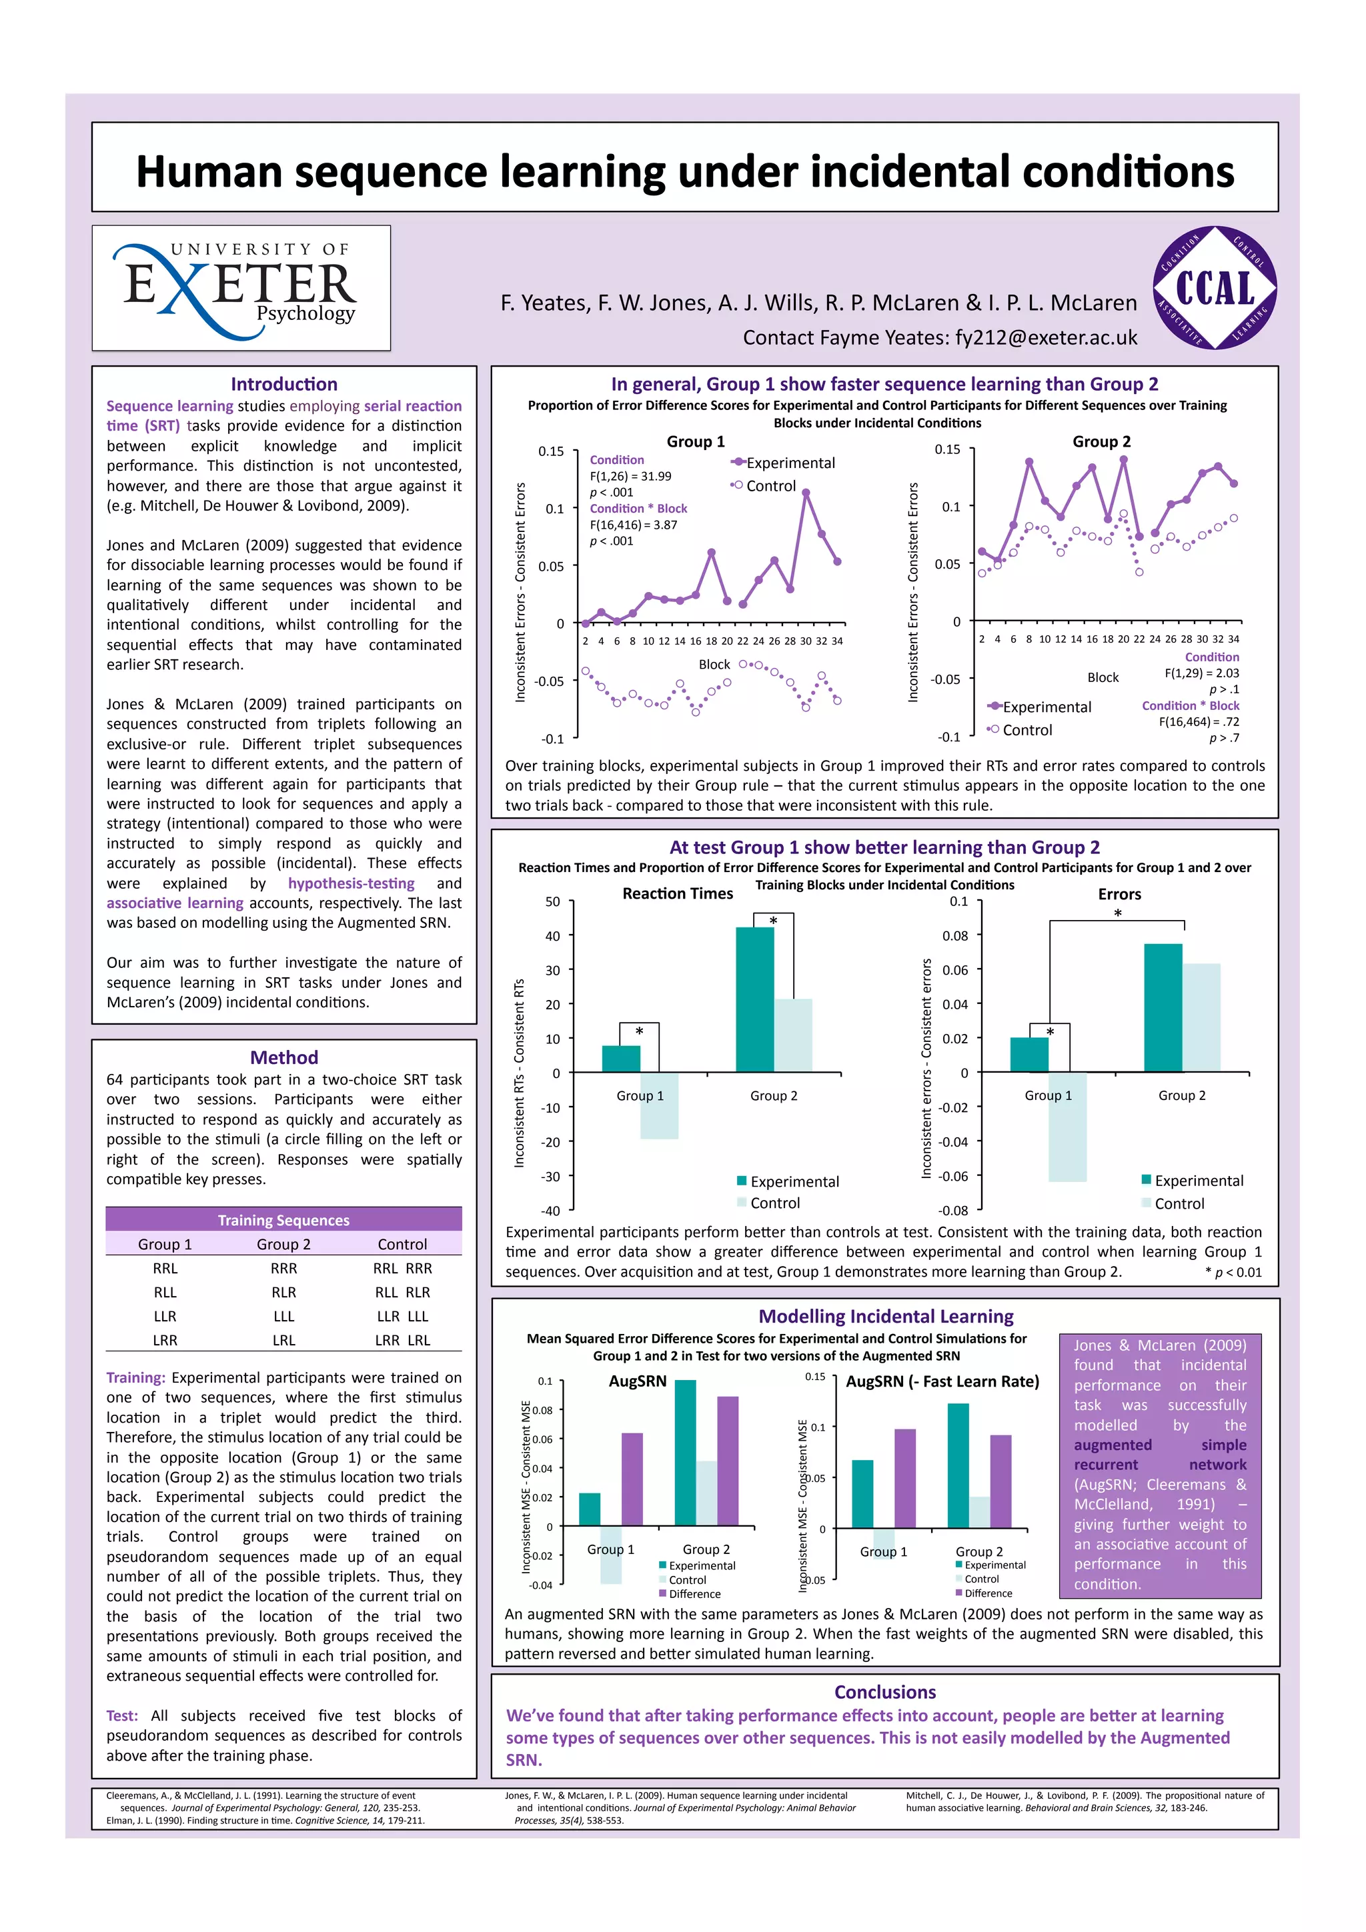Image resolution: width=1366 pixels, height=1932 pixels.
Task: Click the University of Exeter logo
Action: click(x=241, y=288)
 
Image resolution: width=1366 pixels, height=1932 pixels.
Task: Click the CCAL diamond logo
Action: click(x=1214, y=288)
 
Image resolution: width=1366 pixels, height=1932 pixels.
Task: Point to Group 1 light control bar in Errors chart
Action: click(x=1067, y=1127)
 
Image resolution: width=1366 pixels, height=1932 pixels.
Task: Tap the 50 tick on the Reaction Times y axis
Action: click(x=552, y=902)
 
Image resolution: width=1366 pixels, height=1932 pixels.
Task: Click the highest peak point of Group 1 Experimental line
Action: click(x=806, y=493)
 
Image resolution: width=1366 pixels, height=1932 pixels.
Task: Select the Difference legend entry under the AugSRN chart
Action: click(x=694, y=1594)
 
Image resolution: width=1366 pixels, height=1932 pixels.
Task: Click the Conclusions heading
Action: click(x=884, y=1692)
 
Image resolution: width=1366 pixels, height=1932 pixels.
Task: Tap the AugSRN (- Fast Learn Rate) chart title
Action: click(x=942, y=1382)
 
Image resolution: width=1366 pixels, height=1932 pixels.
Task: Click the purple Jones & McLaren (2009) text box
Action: click(x=1160, y=1465)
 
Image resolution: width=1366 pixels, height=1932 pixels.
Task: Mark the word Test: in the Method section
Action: click(x=122, y=1716)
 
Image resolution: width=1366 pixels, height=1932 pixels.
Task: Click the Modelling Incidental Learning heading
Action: click(x=885, y=1316)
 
